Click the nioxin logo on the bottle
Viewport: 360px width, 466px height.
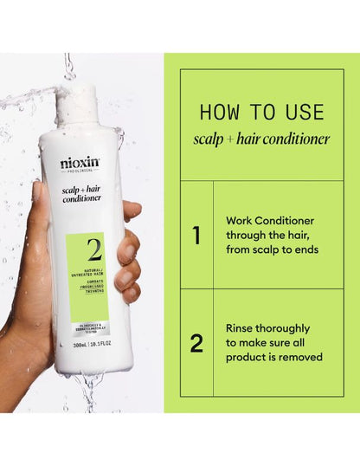(x=80, y=163)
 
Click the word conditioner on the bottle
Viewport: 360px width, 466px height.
(x=80, y=198)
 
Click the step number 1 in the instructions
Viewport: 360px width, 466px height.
(x=196, y=235)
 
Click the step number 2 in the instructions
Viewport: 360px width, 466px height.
(x=196, y=343)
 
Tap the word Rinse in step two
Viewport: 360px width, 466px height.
(x=242, y=328)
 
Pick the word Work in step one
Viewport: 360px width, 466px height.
(x=241, y=220)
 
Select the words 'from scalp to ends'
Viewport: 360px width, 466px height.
(x=272, y=249)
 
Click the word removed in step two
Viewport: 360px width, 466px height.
(x=299, y=357)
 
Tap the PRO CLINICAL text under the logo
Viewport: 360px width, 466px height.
(x=80, y=174)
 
